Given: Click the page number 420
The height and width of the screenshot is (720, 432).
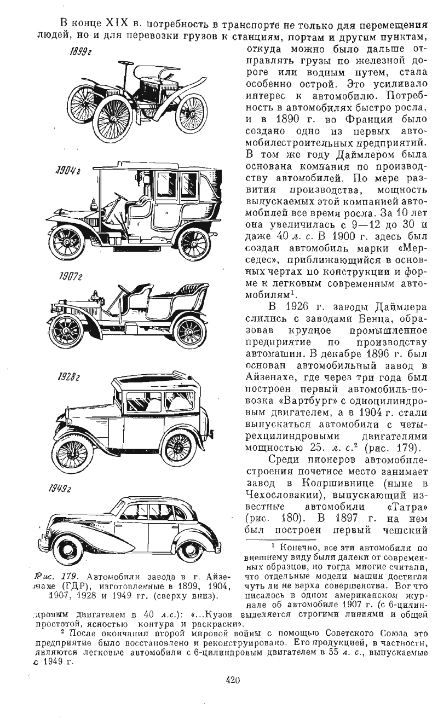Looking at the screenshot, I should (x=233, y=681).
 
